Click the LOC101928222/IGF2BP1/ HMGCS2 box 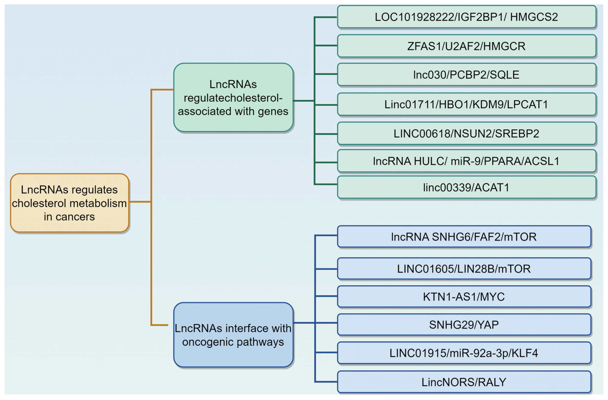point(466,17)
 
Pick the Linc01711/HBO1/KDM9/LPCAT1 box point(466,104)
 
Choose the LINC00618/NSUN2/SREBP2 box point(466,134)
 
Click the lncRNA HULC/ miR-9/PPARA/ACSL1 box point(466,161)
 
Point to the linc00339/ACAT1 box point(466,188)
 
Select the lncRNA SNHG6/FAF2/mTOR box point(464,237)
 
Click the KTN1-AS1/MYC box point(464,297)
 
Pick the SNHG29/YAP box point(464,325)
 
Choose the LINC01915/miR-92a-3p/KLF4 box point(464,353)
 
